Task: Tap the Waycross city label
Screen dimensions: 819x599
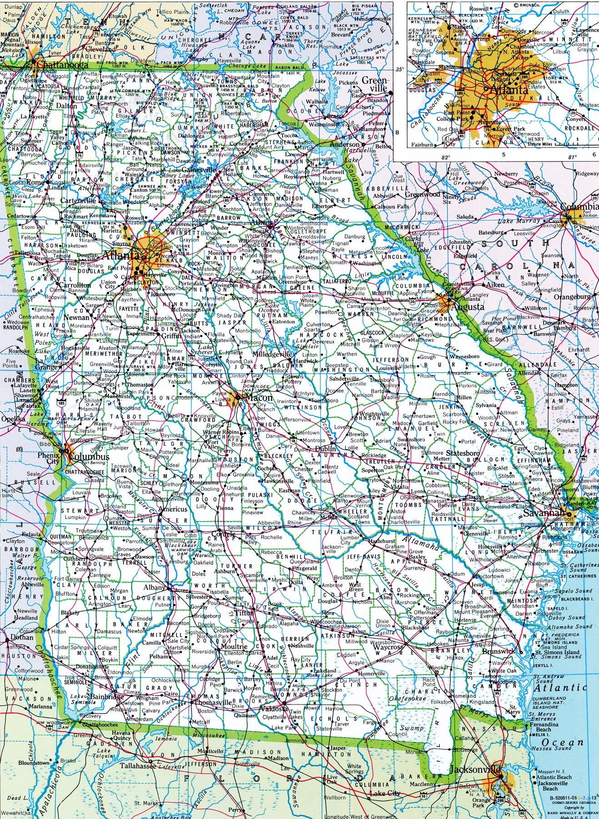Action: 388,647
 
